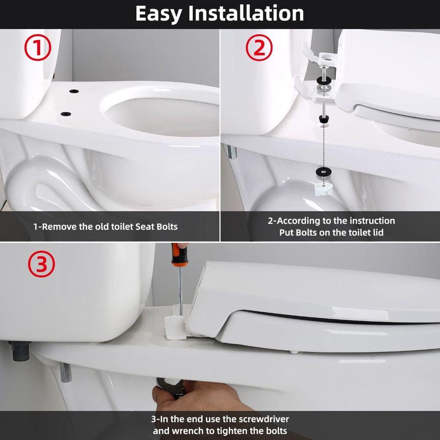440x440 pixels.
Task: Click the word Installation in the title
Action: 246,13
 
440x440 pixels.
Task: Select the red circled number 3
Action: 41,264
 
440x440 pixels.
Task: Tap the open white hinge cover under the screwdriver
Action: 175,328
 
